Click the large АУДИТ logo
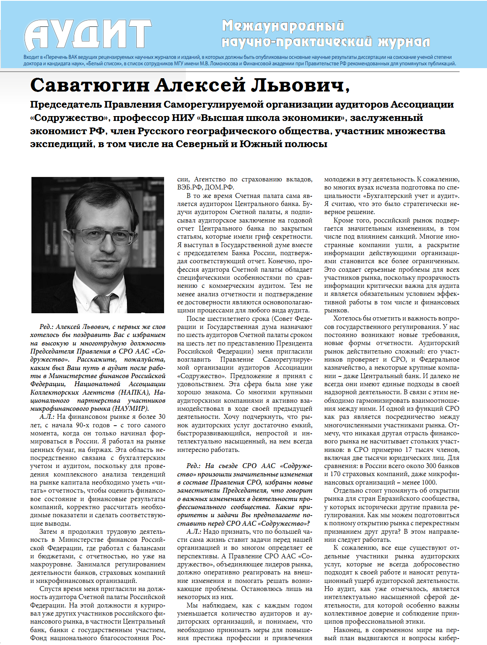88,35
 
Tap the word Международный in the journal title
283,26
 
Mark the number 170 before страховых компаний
335,474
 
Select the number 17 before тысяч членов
408,449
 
